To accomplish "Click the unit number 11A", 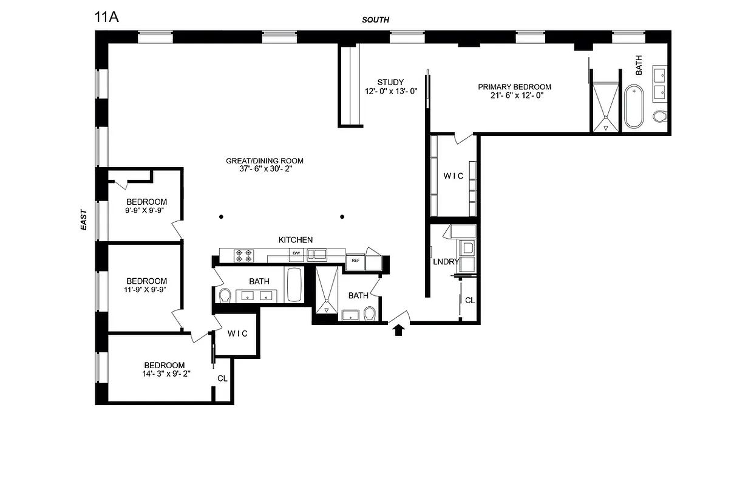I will point(106,16).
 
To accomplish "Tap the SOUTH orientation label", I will point(375,19).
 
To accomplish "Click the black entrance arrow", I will point(399,330).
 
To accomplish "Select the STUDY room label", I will point(390,83).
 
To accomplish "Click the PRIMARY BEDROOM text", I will point(514,87).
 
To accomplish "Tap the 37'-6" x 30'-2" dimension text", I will point(264,169).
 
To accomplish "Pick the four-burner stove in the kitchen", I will point(244,255).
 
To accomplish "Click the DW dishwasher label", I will point(297,253).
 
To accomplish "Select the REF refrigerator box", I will point(355,261).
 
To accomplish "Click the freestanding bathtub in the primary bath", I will point(633,107).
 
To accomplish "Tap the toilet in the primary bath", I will point(659,116).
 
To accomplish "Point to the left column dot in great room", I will point(222,217).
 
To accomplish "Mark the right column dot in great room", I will point(342,217).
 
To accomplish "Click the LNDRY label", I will point(445,262).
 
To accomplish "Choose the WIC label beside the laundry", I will point(453,176).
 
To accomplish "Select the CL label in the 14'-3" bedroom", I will point(222,378).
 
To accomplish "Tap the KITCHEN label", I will point(296,240).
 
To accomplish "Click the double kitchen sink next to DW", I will point(316,254).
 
